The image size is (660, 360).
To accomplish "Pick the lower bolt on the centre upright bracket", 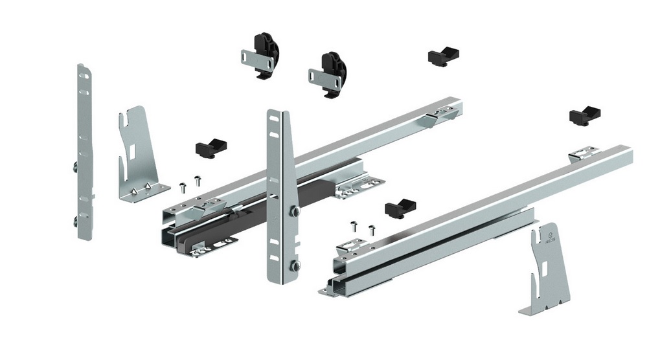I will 295,265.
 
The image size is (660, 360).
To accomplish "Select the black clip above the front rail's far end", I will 584,116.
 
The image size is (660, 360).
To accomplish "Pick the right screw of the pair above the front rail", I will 371,230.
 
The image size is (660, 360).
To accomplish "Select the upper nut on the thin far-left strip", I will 76,167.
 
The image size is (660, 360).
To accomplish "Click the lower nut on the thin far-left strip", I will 76,223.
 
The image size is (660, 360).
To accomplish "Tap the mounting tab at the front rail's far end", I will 586,153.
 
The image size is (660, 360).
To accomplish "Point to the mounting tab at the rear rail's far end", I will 447,114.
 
